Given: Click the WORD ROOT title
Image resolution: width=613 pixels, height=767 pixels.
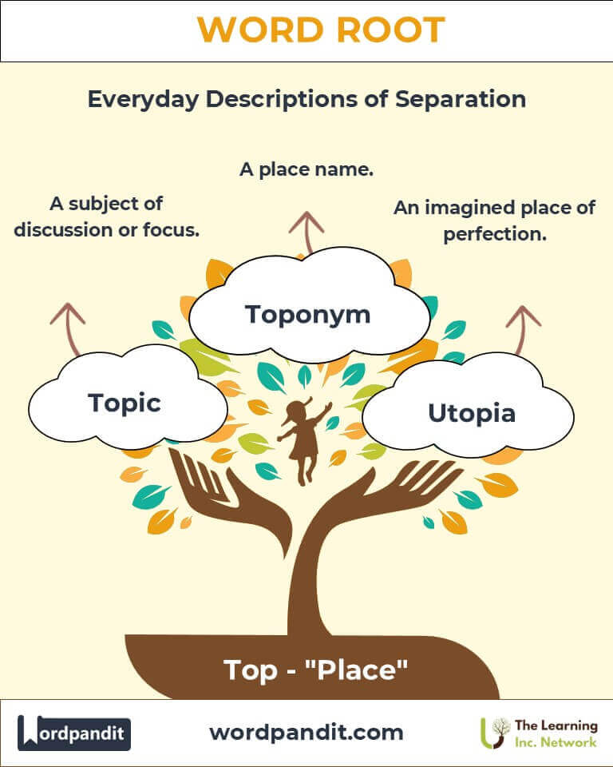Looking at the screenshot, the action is [321, 30].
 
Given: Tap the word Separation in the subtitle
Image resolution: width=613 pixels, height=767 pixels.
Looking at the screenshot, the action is [461, 99].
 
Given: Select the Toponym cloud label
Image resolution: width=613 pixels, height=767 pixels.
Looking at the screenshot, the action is [307, 315].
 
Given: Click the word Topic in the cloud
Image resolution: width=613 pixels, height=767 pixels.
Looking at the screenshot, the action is [125, 403].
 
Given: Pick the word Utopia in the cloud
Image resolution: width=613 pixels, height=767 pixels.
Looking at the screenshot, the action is [472, 413].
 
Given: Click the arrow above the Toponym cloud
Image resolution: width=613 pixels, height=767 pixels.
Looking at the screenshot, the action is [306, 232].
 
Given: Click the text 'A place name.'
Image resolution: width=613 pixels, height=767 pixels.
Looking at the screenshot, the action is [306, 169].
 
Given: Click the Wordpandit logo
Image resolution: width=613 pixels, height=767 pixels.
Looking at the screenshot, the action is [74, 733].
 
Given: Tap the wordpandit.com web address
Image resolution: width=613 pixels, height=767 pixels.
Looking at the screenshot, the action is [306, 733].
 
